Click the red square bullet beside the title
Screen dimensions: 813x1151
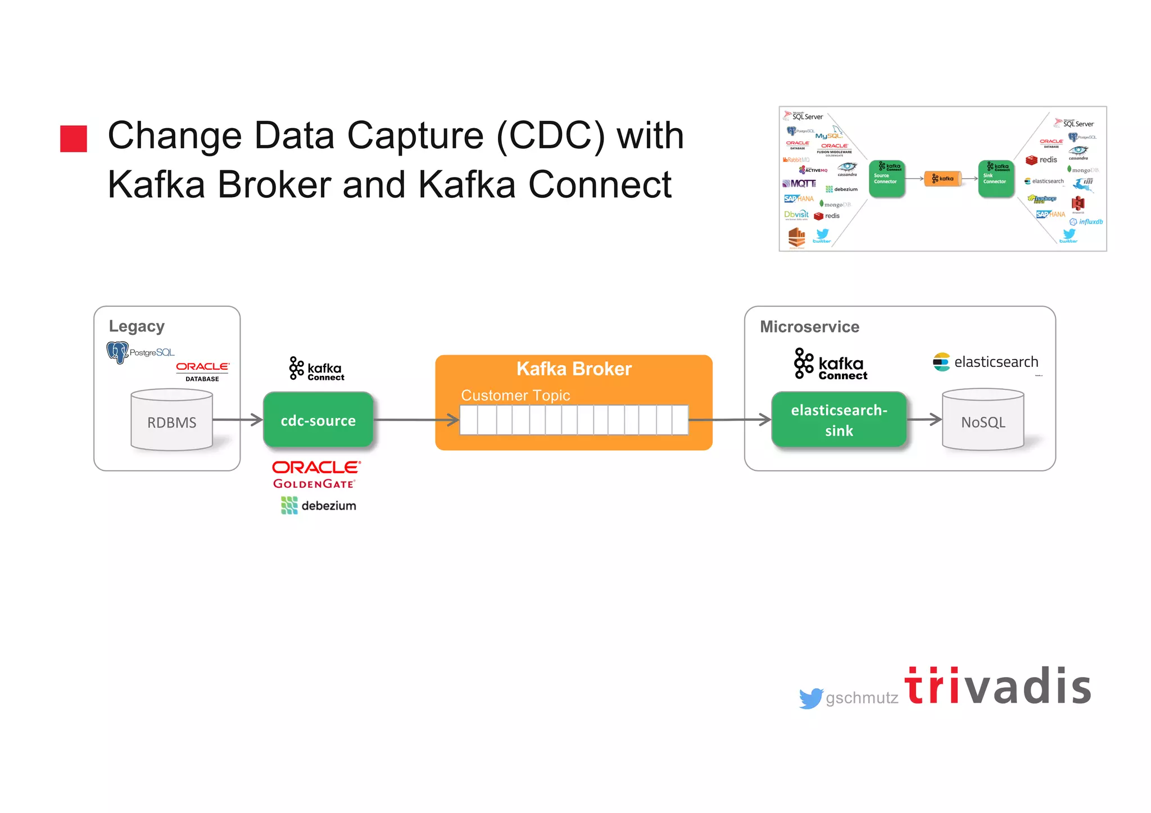tap(74, 138)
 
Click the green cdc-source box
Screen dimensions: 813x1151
tap(318, 420)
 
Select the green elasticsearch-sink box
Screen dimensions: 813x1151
tap(839, 420)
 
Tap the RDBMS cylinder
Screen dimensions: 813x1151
tap(171, 421)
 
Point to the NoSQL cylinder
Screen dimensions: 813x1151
tap(982, 421)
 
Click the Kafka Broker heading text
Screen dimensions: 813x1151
tap(574, 369)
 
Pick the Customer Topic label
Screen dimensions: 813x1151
tap(515, 395)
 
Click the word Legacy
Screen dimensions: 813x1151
tap(137, 326)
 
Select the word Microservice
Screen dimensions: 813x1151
tap(809, 327)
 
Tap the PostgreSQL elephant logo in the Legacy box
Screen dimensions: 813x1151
tap(118, 352)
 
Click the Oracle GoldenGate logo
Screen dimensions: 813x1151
tap(315, 475)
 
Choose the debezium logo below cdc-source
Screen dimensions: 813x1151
tap(318, 506)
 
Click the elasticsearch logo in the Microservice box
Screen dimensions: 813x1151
tap(985, 362)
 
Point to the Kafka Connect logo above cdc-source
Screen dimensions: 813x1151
tap(316, 369)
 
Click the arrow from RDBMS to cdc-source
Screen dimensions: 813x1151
tap(238, 420)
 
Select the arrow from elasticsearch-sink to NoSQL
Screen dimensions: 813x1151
tap(925, 419)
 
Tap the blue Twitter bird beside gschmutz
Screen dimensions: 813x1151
tap(811, 698)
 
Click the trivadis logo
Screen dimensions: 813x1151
tap(998, 687)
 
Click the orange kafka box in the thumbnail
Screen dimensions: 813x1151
tap(942, 179)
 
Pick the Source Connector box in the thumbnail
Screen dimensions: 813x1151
tap(886, 179)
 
